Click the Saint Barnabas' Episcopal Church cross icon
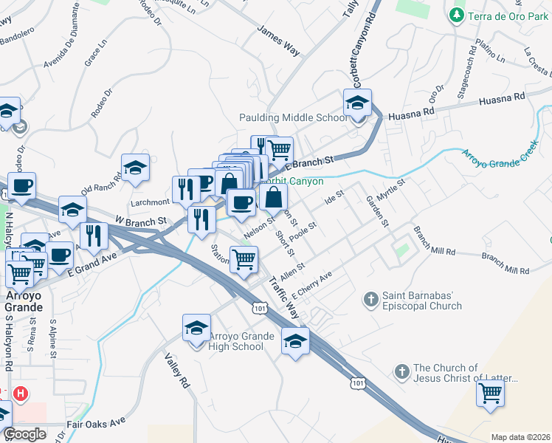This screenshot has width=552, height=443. tap(372, 299)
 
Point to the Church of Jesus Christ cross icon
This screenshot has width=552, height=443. tap(402, 372)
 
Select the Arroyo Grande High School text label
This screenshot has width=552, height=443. tap(235, 341)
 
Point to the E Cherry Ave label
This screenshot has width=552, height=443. tap(313, 284)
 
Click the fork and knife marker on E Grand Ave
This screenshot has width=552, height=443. tap(94, 236)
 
